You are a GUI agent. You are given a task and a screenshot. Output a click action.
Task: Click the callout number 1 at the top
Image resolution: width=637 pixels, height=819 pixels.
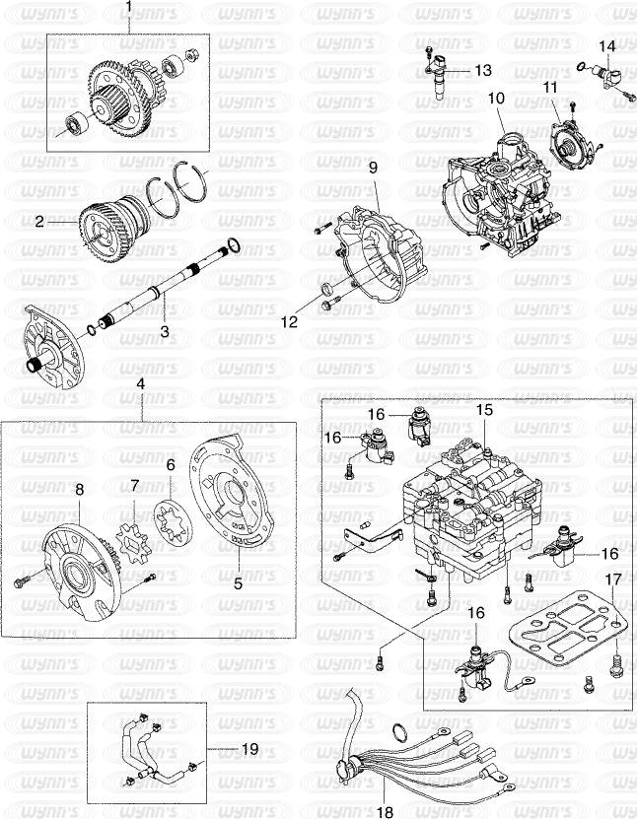[130, 8]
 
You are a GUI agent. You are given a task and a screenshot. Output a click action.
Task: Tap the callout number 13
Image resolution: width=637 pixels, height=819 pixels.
[483, 70]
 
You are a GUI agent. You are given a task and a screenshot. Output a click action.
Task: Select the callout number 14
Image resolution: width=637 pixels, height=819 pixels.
[606, 46]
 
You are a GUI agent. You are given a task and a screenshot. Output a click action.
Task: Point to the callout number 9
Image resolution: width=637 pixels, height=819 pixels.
[373, 168]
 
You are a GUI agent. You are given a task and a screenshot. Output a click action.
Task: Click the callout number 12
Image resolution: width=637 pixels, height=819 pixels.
[289, 321]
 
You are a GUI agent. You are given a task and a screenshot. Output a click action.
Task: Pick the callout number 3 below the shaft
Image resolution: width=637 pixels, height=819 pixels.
[165, 331]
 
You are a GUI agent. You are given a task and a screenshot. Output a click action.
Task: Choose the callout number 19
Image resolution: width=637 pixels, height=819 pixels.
[250, 749]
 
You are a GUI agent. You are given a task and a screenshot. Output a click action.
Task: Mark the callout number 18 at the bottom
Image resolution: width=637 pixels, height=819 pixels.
[385, 812]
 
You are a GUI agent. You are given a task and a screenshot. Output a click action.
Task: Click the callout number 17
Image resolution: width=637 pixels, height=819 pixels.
[613, 580]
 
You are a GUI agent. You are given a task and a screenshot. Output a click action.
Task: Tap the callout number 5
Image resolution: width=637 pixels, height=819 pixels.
[239, 583]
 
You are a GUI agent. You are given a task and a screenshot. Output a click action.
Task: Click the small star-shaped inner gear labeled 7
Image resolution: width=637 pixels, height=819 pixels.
[134, 542]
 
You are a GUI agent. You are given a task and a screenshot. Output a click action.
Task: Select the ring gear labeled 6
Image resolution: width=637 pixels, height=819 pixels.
[174, 523]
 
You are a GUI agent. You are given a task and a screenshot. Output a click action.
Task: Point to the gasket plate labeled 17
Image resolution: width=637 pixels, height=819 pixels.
[565, 627]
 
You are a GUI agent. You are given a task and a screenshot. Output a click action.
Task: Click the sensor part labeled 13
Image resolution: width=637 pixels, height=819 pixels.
[440, 76]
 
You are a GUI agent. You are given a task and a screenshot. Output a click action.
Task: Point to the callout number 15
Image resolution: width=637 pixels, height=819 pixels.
[484, 410]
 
